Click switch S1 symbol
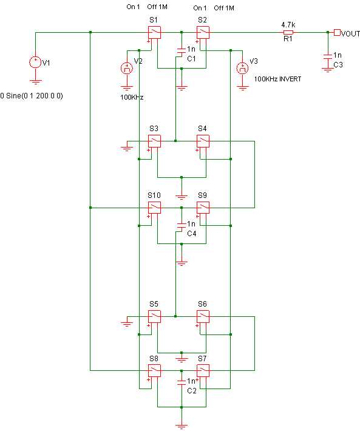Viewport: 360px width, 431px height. (154, 32)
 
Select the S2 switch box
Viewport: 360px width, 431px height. (203, 32)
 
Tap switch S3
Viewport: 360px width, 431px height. (154, 141)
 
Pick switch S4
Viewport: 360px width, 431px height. (203, 141)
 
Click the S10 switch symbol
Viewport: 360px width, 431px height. (154, 208)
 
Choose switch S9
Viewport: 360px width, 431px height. (203, 208)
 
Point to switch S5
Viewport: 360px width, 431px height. (154, 317)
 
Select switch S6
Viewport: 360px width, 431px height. (203, 317)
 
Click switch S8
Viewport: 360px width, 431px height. (154, 370)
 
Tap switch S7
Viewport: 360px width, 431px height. (203, 370)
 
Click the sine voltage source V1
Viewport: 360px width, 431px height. (35, 62)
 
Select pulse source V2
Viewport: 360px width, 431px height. (127, 68)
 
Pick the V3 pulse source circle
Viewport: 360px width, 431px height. (242, 68)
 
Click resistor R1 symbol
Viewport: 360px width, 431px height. (288, 32)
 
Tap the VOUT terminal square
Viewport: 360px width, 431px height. (337, 32)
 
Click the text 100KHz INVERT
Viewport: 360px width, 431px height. (277, 79)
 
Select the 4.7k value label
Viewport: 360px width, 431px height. (288, 25)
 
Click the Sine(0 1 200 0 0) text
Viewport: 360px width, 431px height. (35, 96)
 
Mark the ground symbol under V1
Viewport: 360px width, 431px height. (35, 81)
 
